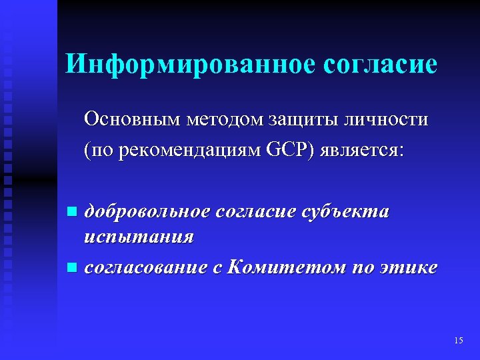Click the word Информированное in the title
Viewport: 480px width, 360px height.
tap(189, 64)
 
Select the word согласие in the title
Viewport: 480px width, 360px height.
tap(380, 64)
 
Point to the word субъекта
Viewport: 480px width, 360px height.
tap(346, 212)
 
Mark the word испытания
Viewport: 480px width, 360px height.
tap(139, 237)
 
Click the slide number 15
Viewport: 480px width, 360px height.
tap(458, 341)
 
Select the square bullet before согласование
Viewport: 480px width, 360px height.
tap(72, 268)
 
